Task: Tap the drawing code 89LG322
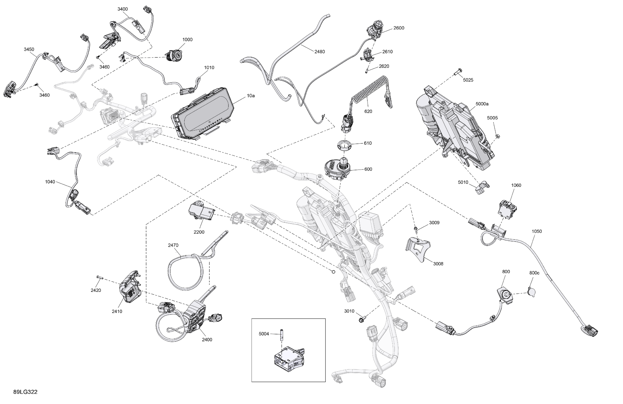[x=25, y=392]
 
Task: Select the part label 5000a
[x=482, y=104]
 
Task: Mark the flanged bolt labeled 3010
[x=361, y=319]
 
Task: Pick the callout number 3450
[x=29, y=49]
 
